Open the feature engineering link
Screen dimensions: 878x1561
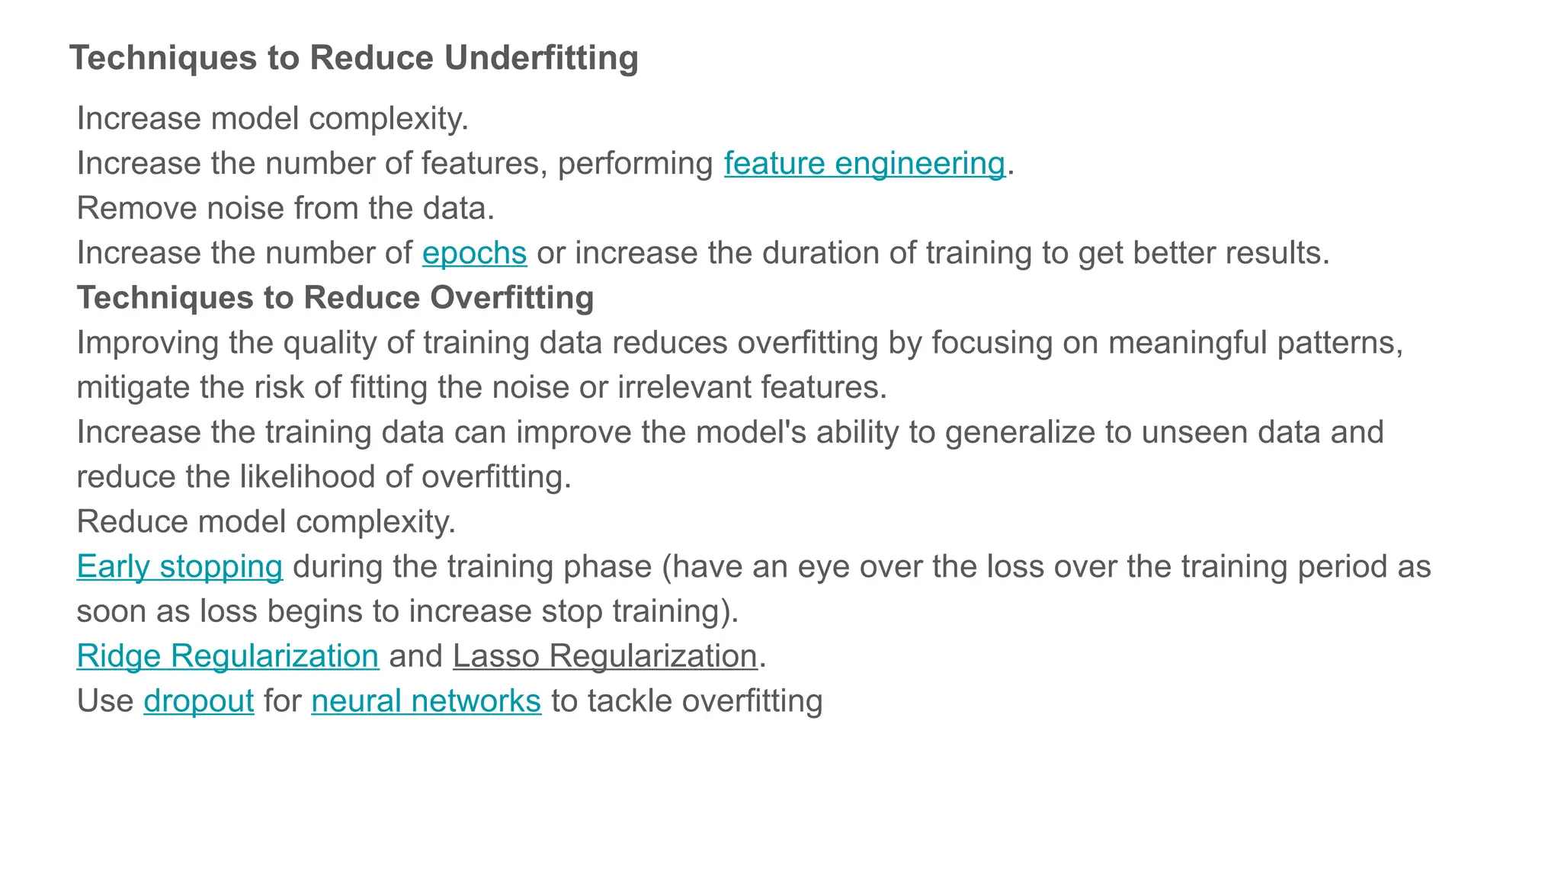[x=864, y=163]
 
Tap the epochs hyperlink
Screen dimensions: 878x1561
[x=474, y=253]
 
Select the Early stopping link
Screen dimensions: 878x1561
[x=180, y=567]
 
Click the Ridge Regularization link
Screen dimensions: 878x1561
[x=228, y=656]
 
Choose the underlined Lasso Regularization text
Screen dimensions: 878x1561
[x=605, y=656]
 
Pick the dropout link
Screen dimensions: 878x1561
[x=199, y=701]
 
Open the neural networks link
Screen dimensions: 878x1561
[x=426, y=701]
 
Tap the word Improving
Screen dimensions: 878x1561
[x=147, y=343]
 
